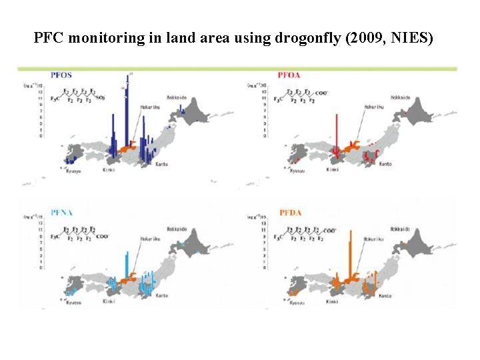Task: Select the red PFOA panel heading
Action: click(x=289, y=75)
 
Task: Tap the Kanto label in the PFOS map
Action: click(x=161, y=163)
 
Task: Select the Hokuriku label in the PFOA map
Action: click(x=374, y=106)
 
